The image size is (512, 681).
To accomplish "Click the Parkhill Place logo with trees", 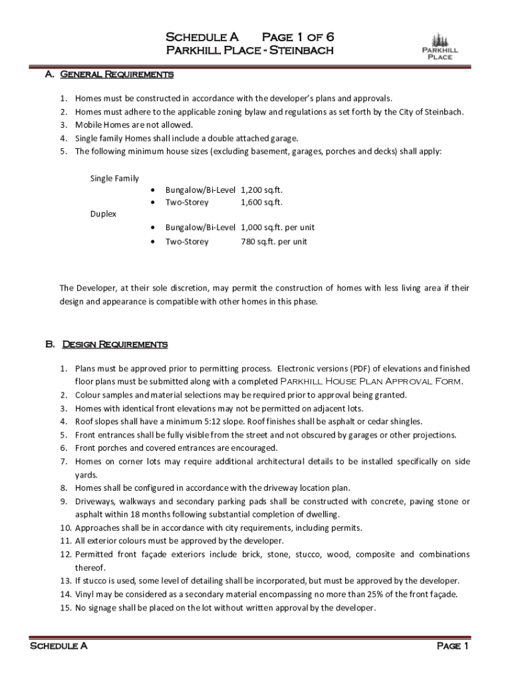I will point(440,45).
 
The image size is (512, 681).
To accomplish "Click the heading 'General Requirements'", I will point(118,74).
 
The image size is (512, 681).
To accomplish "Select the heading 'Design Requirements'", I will point(114,344).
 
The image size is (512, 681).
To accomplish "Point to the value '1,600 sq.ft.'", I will point(262,202).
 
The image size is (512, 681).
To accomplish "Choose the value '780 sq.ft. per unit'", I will point(274,241).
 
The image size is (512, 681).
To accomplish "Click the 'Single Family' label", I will point(114,178).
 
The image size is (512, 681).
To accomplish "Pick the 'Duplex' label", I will point(103,214).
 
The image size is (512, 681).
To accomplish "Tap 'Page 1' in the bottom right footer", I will point(453,646).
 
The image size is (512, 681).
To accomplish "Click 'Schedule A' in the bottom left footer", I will point(59,646).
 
